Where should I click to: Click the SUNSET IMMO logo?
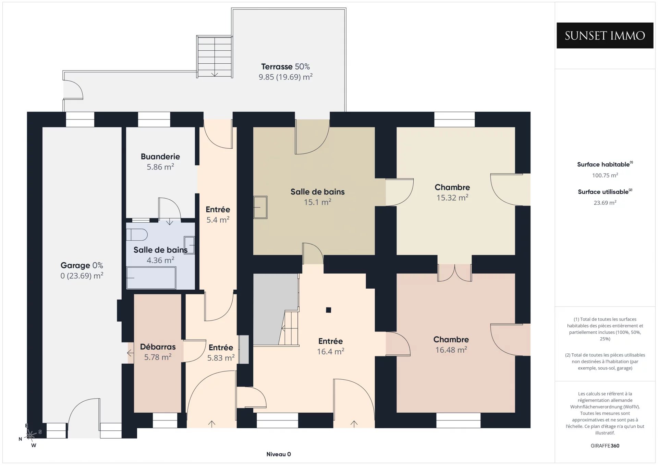(605, 35)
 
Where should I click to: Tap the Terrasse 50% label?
(285, 66)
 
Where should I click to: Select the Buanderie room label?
(160, 156)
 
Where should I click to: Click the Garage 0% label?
(82, 265)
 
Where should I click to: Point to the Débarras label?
(158, 347)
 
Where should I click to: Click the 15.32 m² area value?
(452, 198)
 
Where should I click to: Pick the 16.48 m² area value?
(451, 350)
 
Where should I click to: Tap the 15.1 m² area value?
(318, 202)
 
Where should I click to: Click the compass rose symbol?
(31, 435)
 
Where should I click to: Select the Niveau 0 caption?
(279, 454)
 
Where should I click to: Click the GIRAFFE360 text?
(605, 445)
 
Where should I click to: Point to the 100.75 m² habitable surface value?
(605, 175)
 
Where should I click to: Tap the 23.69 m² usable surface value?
(605, 202)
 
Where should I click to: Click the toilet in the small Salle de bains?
(137, 235)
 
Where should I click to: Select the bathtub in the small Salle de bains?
(151, 278)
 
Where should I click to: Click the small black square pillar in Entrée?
(328, 310)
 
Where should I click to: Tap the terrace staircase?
(215, 56)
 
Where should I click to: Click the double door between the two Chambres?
(454, 273)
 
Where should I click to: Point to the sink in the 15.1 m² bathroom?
(260, 207)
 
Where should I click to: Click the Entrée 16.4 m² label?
(330, 346)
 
